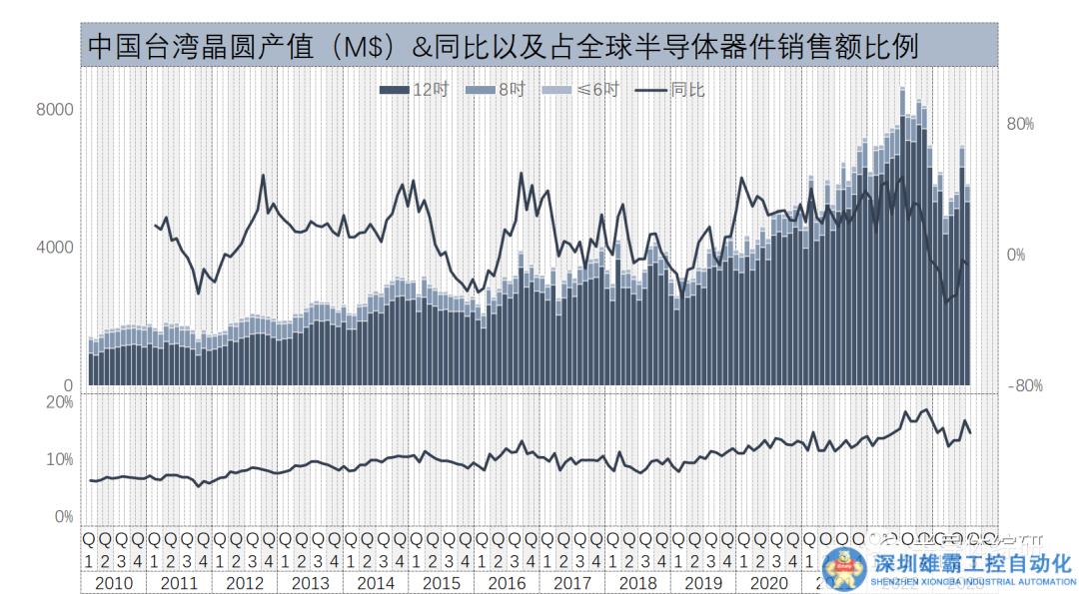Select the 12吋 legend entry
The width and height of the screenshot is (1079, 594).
pos(416,90)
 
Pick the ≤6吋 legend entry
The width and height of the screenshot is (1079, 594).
pos(581,90)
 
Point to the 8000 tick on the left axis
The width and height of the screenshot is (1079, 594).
pos(55,109)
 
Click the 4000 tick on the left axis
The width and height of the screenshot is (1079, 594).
pos(55,247)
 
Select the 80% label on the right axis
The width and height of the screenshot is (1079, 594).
pos(1019,125)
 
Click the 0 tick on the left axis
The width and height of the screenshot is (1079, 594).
pos(68,385)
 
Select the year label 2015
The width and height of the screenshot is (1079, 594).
pos(441,583)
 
